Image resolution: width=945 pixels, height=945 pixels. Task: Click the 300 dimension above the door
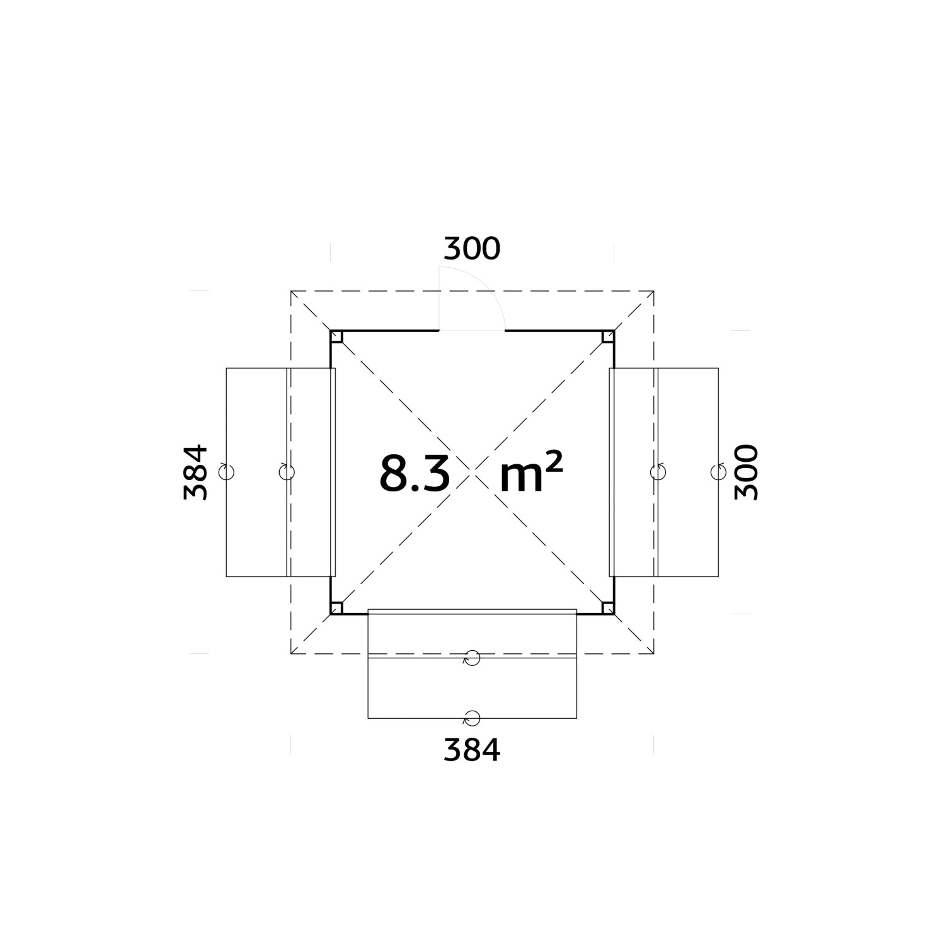[472, 249]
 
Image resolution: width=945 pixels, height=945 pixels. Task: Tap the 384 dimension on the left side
[196, 472]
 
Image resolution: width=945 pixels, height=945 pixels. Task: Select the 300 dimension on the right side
[747, 472]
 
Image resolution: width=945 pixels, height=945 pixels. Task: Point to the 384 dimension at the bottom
[472, 750]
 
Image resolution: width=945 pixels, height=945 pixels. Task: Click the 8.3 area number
[415, 473]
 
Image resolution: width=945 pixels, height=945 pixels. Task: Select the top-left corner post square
[336, 336]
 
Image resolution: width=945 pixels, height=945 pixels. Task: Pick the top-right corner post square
[608, 336]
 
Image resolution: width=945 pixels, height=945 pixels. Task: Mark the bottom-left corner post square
[336, 608]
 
